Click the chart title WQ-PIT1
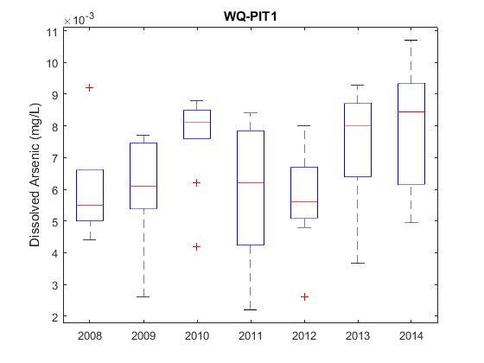tap(250, 16)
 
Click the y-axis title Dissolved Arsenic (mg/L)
tap(35, 175)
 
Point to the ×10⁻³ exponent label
tap(79, 19)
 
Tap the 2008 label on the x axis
tap(90, 336)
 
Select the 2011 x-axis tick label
tap(251, 336)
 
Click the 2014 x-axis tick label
tap(411, 336)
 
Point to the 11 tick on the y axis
tap(51, 32)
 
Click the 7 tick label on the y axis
tap(55, 159)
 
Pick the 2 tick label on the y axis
tap(55, 317)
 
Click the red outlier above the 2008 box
tap(90, 88)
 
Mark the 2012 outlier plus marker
tap(304, 297)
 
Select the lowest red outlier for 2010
tap(197, 246)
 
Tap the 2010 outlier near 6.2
tap(197, 183)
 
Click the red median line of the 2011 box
tap(251, 182)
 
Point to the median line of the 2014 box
tap(411, 111)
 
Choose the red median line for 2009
tap(143, 186)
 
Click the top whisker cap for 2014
tap(411, 40)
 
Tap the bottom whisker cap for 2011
tap(251, 309)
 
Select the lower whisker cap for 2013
tap(358, 263)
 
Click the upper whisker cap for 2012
tap(304, 125)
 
